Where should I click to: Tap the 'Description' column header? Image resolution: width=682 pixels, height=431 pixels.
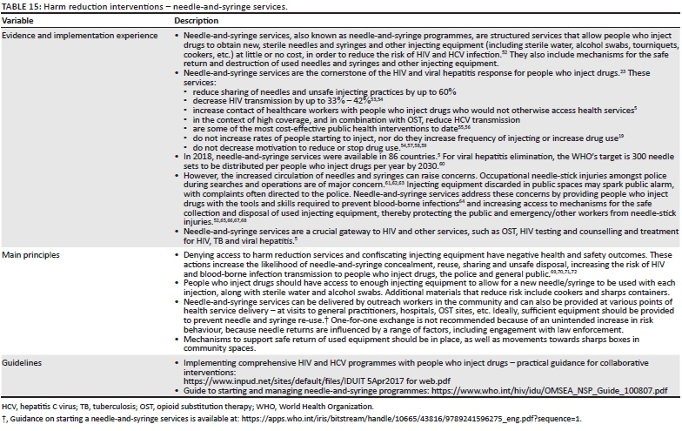[197, 20]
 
